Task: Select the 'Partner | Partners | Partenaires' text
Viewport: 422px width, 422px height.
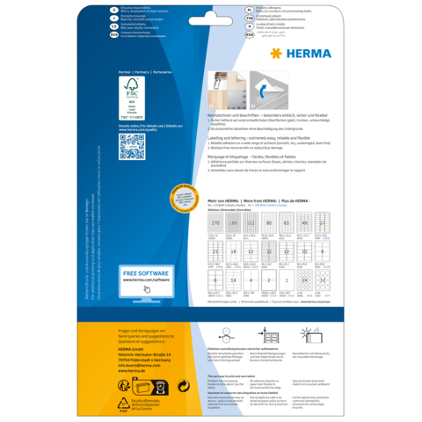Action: (x=145, y=71)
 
